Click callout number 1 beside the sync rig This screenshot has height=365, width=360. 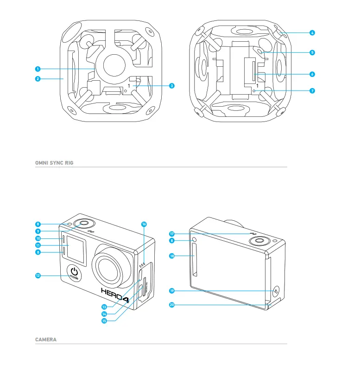[37, 69]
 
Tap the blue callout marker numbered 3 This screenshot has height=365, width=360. [171, 85]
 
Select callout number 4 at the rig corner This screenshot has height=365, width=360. [312, 33]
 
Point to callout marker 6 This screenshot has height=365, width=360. [312, 74]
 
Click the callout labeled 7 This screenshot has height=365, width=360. [312, 90]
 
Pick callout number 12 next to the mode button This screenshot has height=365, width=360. [37, 275]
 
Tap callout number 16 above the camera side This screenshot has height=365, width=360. [144, 224]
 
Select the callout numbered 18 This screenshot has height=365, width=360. [171, 256]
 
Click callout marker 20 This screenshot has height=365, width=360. [171, 305]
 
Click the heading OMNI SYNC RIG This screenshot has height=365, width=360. [54, 163]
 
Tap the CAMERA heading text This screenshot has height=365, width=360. [46, 339]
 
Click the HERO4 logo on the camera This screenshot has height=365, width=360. [116, 293]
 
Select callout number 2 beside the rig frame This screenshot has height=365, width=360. [37, 79]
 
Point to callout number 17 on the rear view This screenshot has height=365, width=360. [171, 234]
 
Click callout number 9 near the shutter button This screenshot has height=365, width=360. [37, 231]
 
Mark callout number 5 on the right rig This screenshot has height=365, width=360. [312, 53]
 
